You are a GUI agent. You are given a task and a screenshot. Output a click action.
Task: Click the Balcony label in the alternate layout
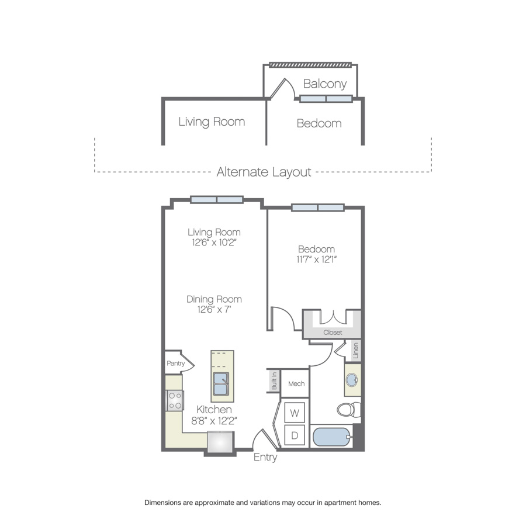click(325, 84)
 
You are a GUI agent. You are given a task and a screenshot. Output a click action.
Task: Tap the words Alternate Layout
click(264, 172)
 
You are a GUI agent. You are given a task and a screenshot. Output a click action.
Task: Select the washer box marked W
click(295, 412)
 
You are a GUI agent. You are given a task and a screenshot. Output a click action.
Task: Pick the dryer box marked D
click(295, 435)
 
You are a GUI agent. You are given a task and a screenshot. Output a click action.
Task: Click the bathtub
click(332, 437)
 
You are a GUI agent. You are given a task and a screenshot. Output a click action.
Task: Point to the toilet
click(349, 409)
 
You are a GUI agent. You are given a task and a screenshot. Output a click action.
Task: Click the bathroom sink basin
click(352, 380)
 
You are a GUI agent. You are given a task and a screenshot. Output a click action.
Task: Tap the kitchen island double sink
click(221, 383)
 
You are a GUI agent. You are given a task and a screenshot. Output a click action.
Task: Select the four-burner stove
click(175, 400)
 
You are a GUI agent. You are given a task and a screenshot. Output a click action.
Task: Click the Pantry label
click(175, 364)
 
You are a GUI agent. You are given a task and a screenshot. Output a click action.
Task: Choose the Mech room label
click(296, 383)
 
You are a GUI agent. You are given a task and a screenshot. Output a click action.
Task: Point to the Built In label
click(274, 380)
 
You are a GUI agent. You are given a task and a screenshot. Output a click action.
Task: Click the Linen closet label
click(355, 351)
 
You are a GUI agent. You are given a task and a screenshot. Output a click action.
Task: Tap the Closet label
click(333, 333)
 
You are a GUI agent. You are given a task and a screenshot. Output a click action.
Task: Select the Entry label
click(265, 457)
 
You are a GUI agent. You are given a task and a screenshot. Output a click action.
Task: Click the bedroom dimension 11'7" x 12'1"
click(316, 259)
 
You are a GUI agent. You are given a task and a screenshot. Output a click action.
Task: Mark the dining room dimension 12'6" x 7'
click(214, 309)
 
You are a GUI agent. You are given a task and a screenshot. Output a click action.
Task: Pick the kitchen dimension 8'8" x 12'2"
click(214, 421)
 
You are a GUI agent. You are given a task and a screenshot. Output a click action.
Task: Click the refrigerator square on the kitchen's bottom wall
click(220, 442)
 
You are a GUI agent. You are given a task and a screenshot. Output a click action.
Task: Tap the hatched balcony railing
click(310, 65)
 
